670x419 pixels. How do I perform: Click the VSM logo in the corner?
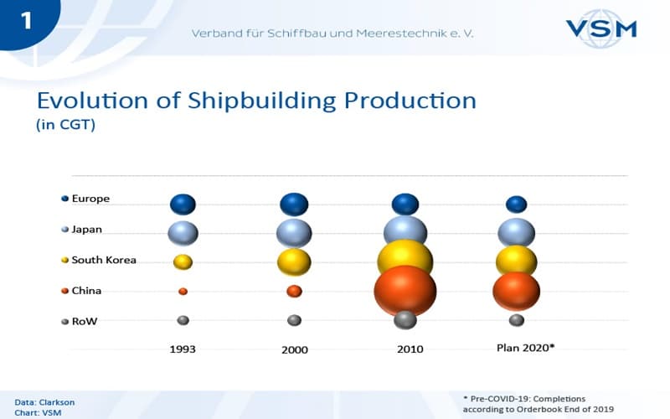pos(601,28)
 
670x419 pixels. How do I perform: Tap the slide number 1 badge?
pos(27,22)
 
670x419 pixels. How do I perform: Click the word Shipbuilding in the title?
pos(262,101)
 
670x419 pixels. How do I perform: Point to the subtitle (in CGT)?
pos(65,124)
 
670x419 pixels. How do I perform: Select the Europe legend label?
pos(90,199)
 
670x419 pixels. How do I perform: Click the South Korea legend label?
pos(104,260)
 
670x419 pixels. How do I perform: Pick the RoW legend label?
pos(85,321)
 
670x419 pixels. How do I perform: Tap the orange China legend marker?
pos(65,291)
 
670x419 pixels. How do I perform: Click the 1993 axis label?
pos(183,349)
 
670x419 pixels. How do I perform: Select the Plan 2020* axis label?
pos(526,348)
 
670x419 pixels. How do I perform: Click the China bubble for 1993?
pos(183,291)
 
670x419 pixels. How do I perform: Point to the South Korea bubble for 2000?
pos(294,262)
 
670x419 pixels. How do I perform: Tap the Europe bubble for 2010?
pos(405,204)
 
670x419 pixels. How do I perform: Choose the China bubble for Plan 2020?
pos(516,291)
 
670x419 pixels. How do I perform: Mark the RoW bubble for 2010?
pos(405,320)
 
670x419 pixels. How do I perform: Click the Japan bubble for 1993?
pos(183,234)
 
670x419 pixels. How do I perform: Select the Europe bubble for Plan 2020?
pos(516,204)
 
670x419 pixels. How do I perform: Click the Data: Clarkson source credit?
pos(44,402)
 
